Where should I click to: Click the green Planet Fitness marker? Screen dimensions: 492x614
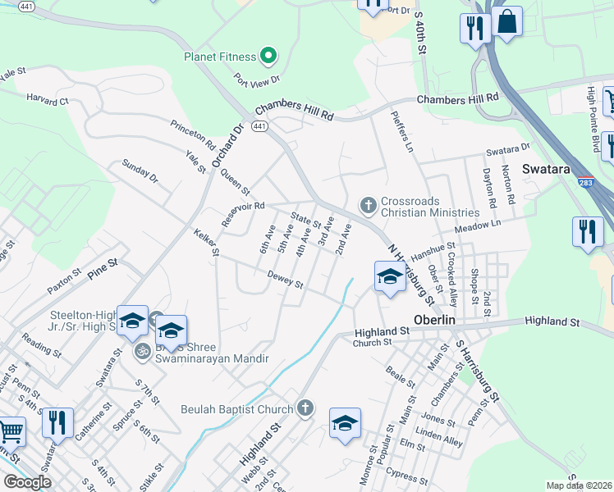[x=268, y=57]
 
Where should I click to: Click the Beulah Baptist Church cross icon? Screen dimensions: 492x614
[x=305, y=408]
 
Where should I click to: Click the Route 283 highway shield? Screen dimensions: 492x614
[x=585, y=182]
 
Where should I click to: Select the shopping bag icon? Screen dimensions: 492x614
[x=508, y=22]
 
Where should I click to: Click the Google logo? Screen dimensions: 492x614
[x=27, y=482]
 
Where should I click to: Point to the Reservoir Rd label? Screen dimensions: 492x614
[x=243, y=214]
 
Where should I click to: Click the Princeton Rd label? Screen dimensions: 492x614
[x=193, y=134]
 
